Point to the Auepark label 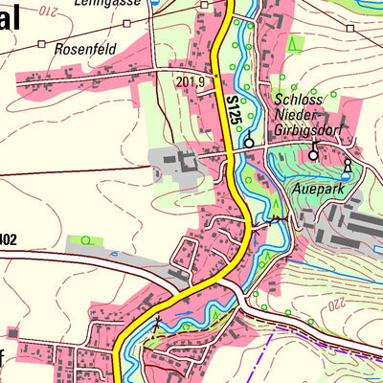(x=318, y=189)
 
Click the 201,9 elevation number (x=191, y=82)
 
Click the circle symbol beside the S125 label (x=249, y=143)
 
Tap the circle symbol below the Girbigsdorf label (x=312, y=154)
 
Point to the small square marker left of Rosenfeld (x=41, y=44)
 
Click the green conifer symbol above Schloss (x=295, y=43)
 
